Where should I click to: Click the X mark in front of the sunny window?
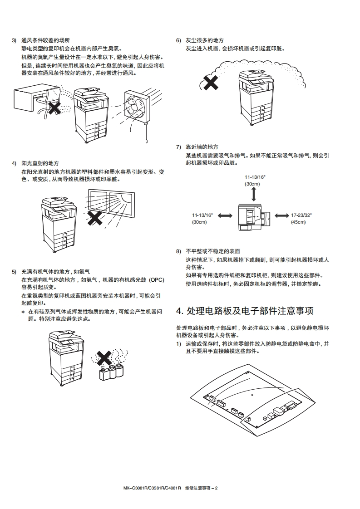coord(95,218)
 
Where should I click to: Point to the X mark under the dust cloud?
coord(210,83)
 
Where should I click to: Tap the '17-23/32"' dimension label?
coord(301,215)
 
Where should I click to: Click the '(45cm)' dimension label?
coord(298,222)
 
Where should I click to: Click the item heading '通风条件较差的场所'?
coord(46,40)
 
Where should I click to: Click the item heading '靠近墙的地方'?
coord(202,147)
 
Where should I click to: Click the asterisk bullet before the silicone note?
coord(23,312)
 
